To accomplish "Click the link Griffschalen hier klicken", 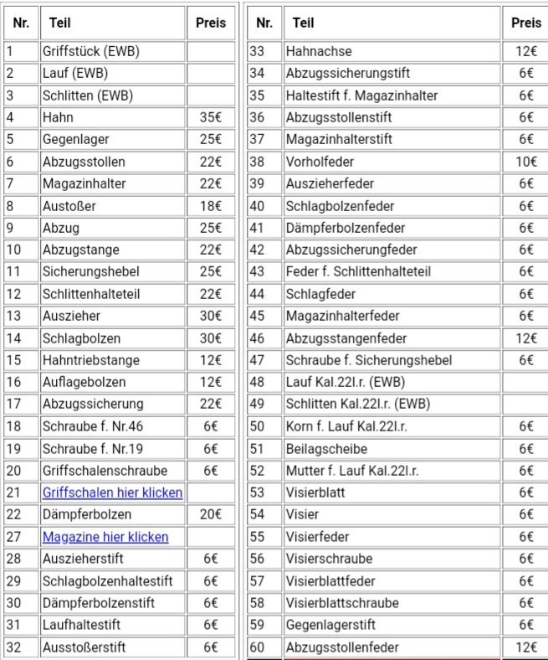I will pyautogui.click(x=112, y=492).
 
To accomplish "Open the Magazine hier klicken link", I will pyautogui.click(x=105, y=537).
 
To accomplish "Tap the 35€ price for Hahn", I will pyautogui.click(x=210, y=117).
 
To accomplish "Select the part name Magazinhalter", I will pyautogui.click(x=84, y=183).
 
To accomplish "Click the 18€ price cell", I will pyautogui.click(x=210, y=206).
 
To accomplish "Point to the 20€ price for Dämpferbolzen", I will pyautogui.click(x=210, y=514).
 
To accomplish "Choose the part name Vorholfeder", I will pyautogui.click(x=321, y=162).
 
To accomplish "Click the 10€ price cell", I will pyautogui.click(x=525, y=162).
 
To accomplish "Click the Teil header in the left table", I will pyautogui.click(x=59, y=23).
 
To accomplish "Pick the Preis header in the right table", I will pyautogui.click(x=525, y=23).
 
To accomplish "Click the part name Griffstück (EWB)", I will pyautogui.click(x=90, y=51).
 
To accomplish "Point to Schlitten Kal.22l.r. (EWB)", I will pyautogui.click(x=358, y=404).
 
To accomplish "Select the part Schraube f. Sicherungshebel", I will pyautogui.click(x=368, y=360).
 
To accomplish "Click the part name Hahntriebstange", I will pyautogui.click(x=90, y=360).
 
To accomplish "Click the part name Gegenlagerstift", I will pyautogui.click(x=330, y=625).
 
